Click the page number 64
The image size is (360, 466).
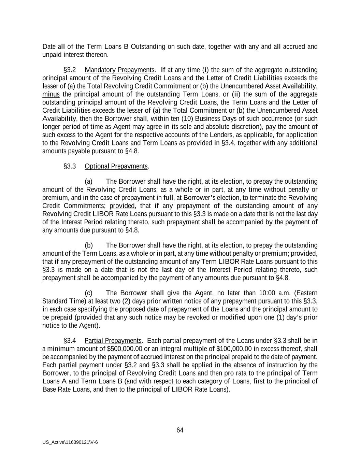click(180, 430)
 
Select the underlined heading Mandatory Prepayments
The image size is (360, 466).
click(119, 70)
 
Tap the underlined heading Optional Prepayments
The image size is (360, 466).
click(116, 166)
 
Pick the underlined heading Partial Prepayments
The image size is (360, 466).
click(113, 341)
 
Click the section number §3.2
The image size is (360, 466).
click(70, 70)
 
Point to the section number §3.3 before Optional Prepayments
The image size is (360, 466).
click(70, 166)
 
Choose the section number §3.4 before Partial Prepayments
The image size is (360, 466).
click(70, 341)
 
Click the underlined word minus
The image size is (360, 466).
click(51, 94)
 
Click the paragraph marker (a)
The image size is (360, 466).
click(88, 181)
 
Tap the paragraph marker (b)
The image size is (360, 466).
click(88, 245)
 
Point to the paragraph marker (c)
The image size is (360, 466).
click(88, 293)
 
